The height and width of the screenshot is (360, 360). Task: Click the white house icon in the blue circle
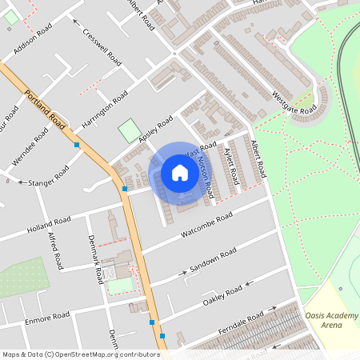tap(180, 172)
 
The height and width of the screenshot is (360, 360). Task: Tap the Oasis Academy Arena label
tap(331, 321)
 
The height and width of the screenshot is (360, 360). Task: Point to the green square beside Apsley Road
tap(129, 130)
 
